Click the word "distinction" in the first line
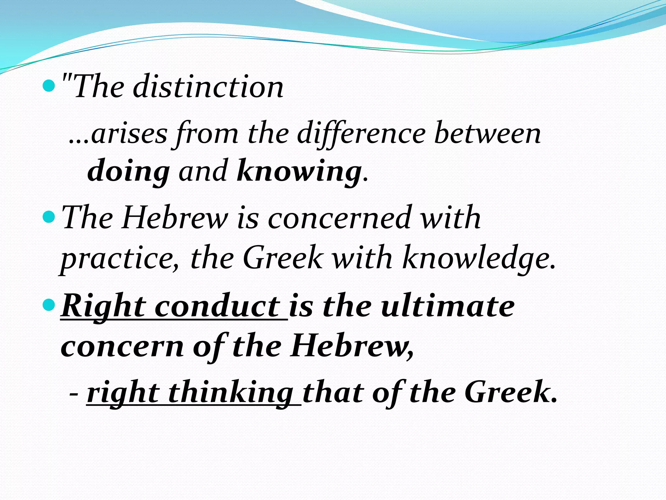coord(208,87)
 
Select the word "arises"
coord(129,134)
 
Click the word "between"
coord(488,134)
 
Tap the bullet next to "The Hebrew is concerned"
coord(49,217)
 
